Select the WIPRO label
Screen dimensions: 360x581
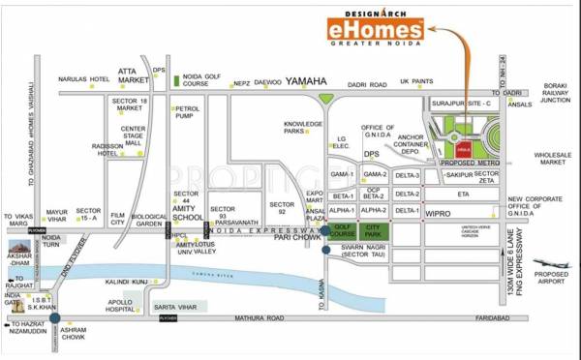coord(442,210)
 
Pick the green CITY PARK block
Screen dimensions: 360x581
coord(374,229)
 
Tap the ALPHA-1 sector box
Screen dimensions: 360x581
coord(341,210)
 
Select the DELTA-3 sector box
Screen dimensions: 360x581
coord(408,175)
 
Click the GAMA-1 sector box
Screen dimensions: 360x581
coord(341,175)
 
